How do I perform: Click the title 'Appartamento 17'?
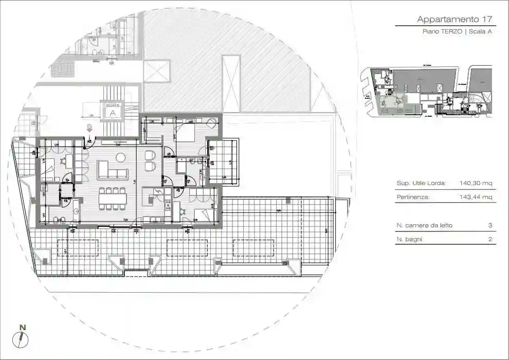[x=455, y=20]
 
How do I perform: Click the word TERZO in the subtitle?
[x=451, y=32]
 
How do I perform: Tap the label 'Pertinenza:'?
[x=413, y=197]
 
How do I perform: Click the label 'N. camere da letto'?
[x=425, y=226]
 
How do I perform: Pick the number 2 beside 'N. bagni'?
[x=490, y=239]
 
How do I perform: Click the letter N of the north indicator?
[x=22, y=327]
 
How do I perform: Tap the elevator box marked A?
[x=111, y=110]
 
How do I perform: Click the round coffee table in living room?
[x=121, y=157]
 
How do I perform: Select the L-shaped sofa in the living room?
[x=111, y=170]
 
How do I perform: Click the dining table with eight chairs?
[x=112, y=199]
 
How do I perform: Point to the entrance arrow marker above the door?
[x=89, y=129]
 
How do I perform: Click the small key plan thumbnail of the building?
[x=426, y=93]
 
